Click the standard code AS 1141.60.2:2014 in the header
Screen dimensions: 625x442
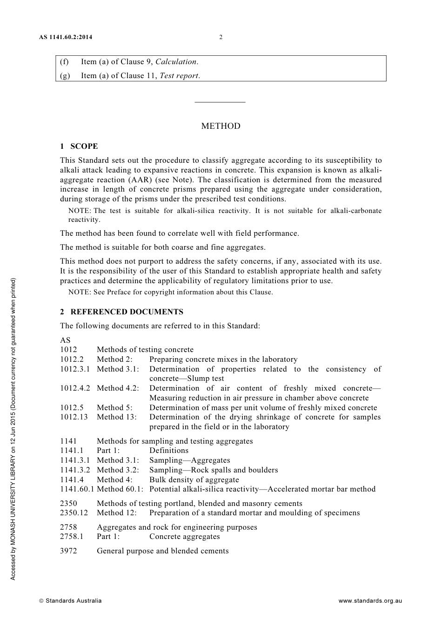click(x=66, y=38)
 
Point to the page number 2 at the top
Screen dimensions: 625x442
click(x=221, y=38)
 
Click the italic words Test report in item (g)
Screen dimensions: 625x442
click(x=179, y=76)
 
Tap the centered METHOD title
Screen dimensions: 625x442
click(x=221, y=126)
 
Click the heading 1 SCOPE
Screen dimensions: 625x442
click(x=79, y=146)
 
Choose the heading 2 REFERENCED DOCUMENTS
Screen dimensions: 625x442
click(x=122, y=312)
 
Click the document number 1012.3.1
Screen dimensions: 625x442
click(x=75, y=369)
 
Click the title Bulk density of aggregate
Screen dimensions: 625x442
click(x=194, y=480)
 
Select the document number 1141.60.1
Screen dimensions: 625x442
click(x=77, y=489)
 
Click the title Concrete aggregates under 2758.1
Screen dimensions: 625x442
click(x=184, y=537)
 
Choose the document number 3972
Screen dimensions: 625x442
click(x=68, y=551)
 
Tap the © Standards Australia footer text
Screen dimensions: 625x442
click(x=70, y=601)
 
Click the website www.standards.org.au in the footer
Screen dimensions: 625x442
click(x=370, y=601)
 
